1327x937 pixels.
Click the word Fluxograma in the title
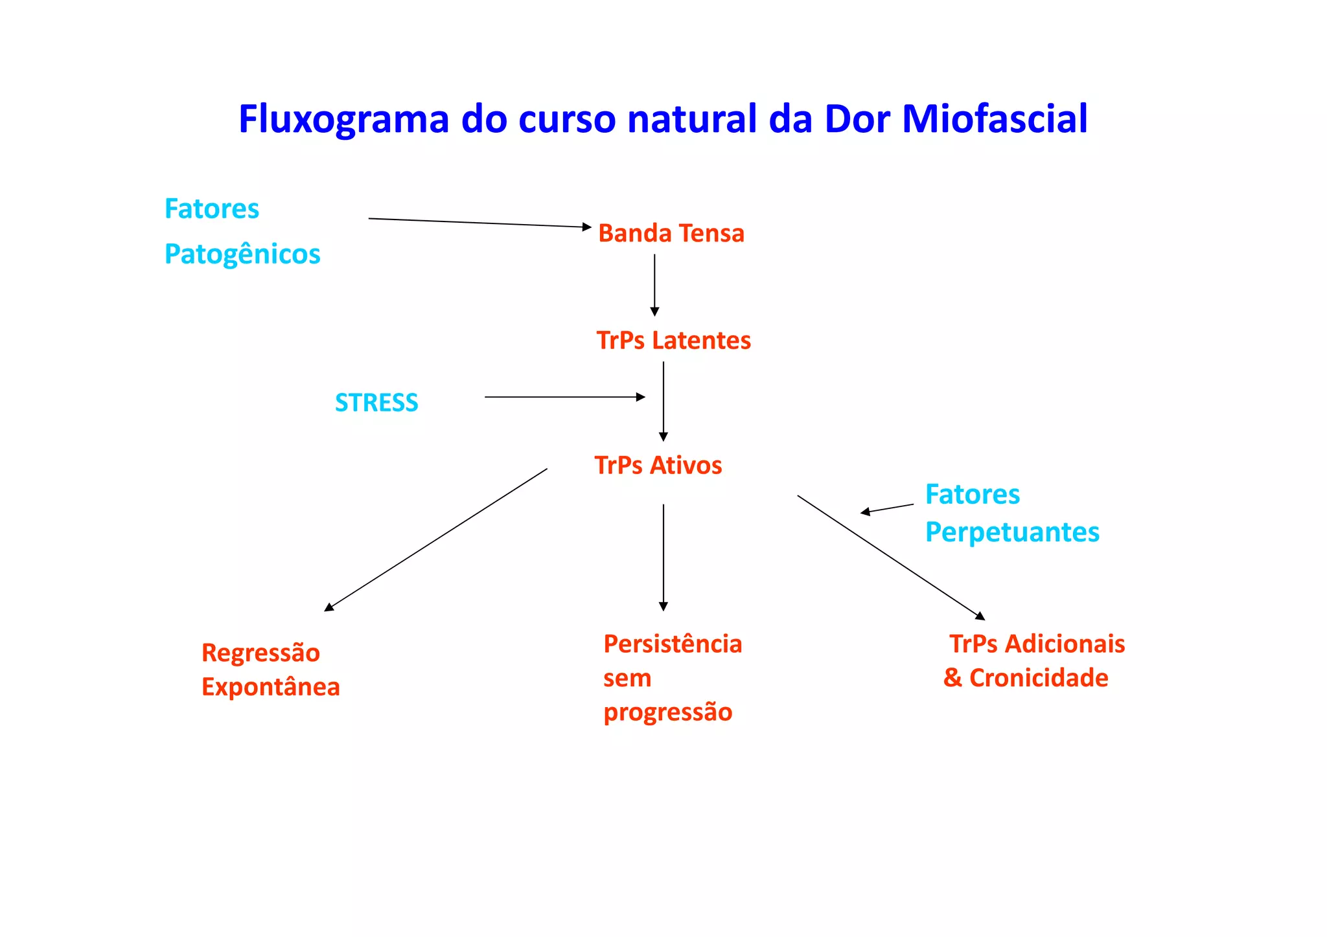343,120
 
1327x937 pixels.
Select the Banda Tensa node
671,234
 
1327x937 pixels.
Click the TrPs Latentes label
673,341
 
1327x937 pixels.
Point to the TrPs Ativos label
658,466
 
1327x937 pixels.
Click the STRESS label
376,403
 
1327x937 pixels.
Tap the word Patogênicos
242,254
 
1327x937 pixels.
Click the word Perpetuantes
1012,532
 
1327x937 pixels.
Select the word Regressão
260,653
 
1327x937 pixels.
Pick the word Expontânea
270,687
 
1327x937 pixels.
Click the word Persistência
673,644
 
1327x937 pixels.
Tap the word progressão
667,712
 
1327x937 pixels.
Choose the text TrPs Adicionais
1037,644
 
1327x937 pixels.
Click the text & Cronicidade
1026,678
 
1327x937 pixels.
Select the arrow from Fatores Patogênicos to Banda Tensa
479,223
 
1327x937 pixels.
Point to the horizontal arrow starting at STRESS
564,397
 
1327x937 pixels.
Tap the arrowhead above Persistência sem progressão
663,606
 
